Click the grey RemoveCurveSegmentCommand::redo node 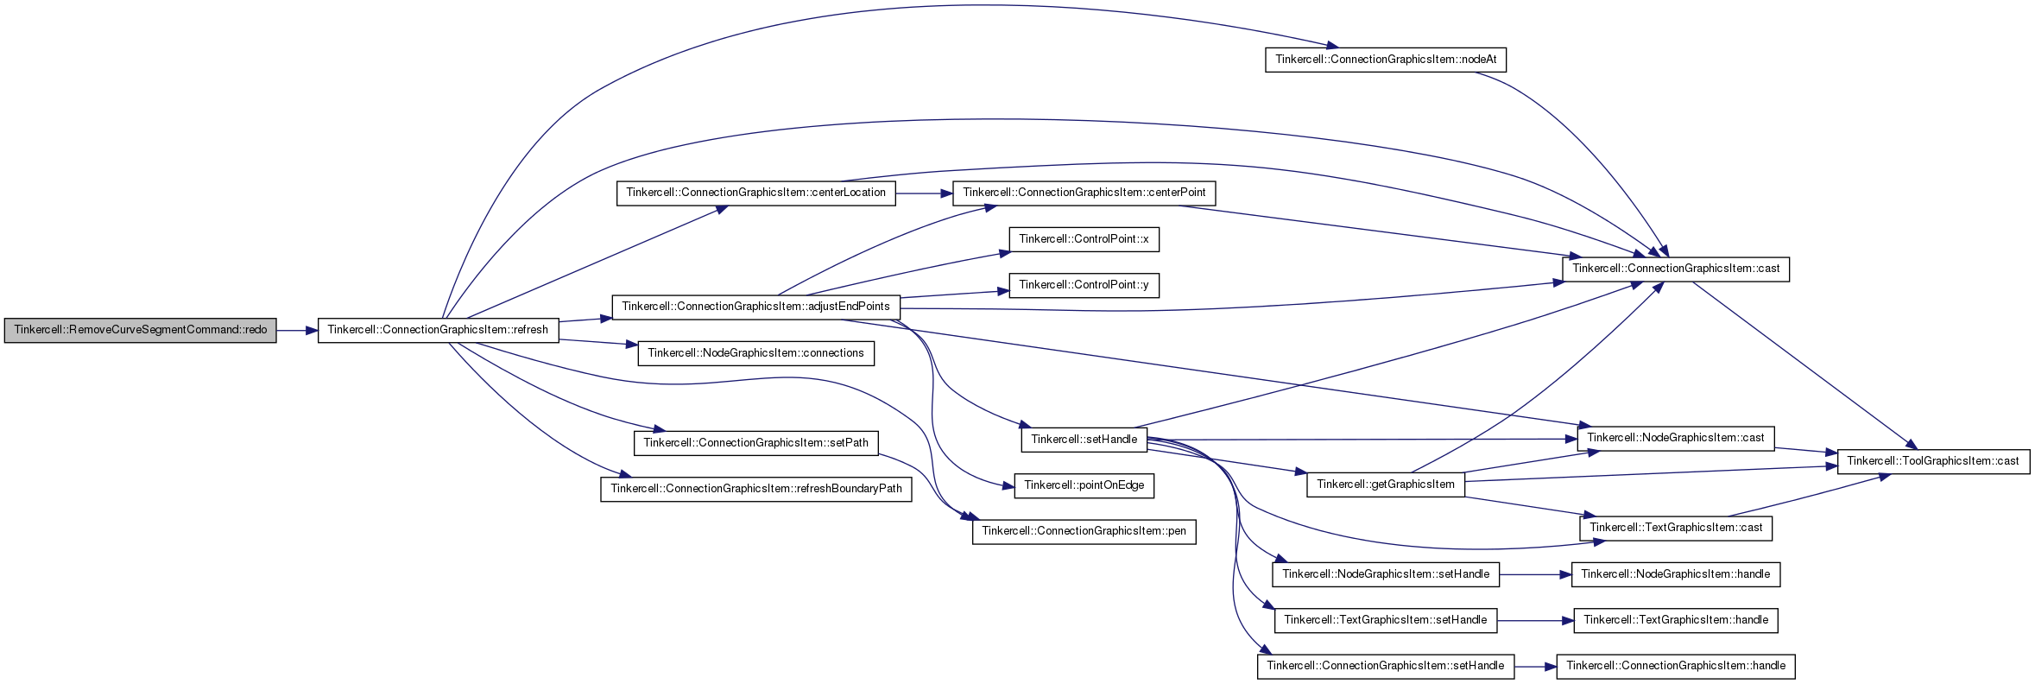[140, 331]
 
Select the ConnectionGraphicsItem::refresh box [438, 331]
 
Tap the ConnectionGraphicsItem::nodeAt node [1386, 60]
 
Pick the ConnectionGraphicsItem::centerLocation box [756, 193]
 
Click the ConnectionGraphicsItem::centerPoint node [1084, 193]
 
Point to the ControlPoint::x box [1084, 240]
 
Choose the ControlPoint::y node [1084, 286]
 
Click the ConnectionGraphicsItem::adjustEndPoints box [755, 307]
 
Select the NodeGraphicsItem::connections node [755, 354]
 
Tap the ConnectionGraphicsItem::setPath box [755, 444]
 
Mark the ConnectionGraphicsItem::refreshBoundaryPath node [755, 490]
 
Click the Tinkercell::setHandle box [1084, 440]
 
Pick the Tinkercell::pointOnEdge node [1084, 486]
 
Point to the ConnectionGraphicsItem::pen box [1084, 532]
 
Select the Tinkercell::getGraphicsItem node [1386, 485]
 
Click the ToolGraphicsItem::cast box [1932, 462]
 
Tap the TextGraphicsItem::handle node [1676, 621]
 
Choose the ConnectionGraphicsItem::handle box [1676, 667]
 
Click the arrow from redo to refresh [297, 331]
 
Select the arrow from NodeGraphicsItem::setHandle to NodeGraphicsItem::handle [1535, 575]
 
